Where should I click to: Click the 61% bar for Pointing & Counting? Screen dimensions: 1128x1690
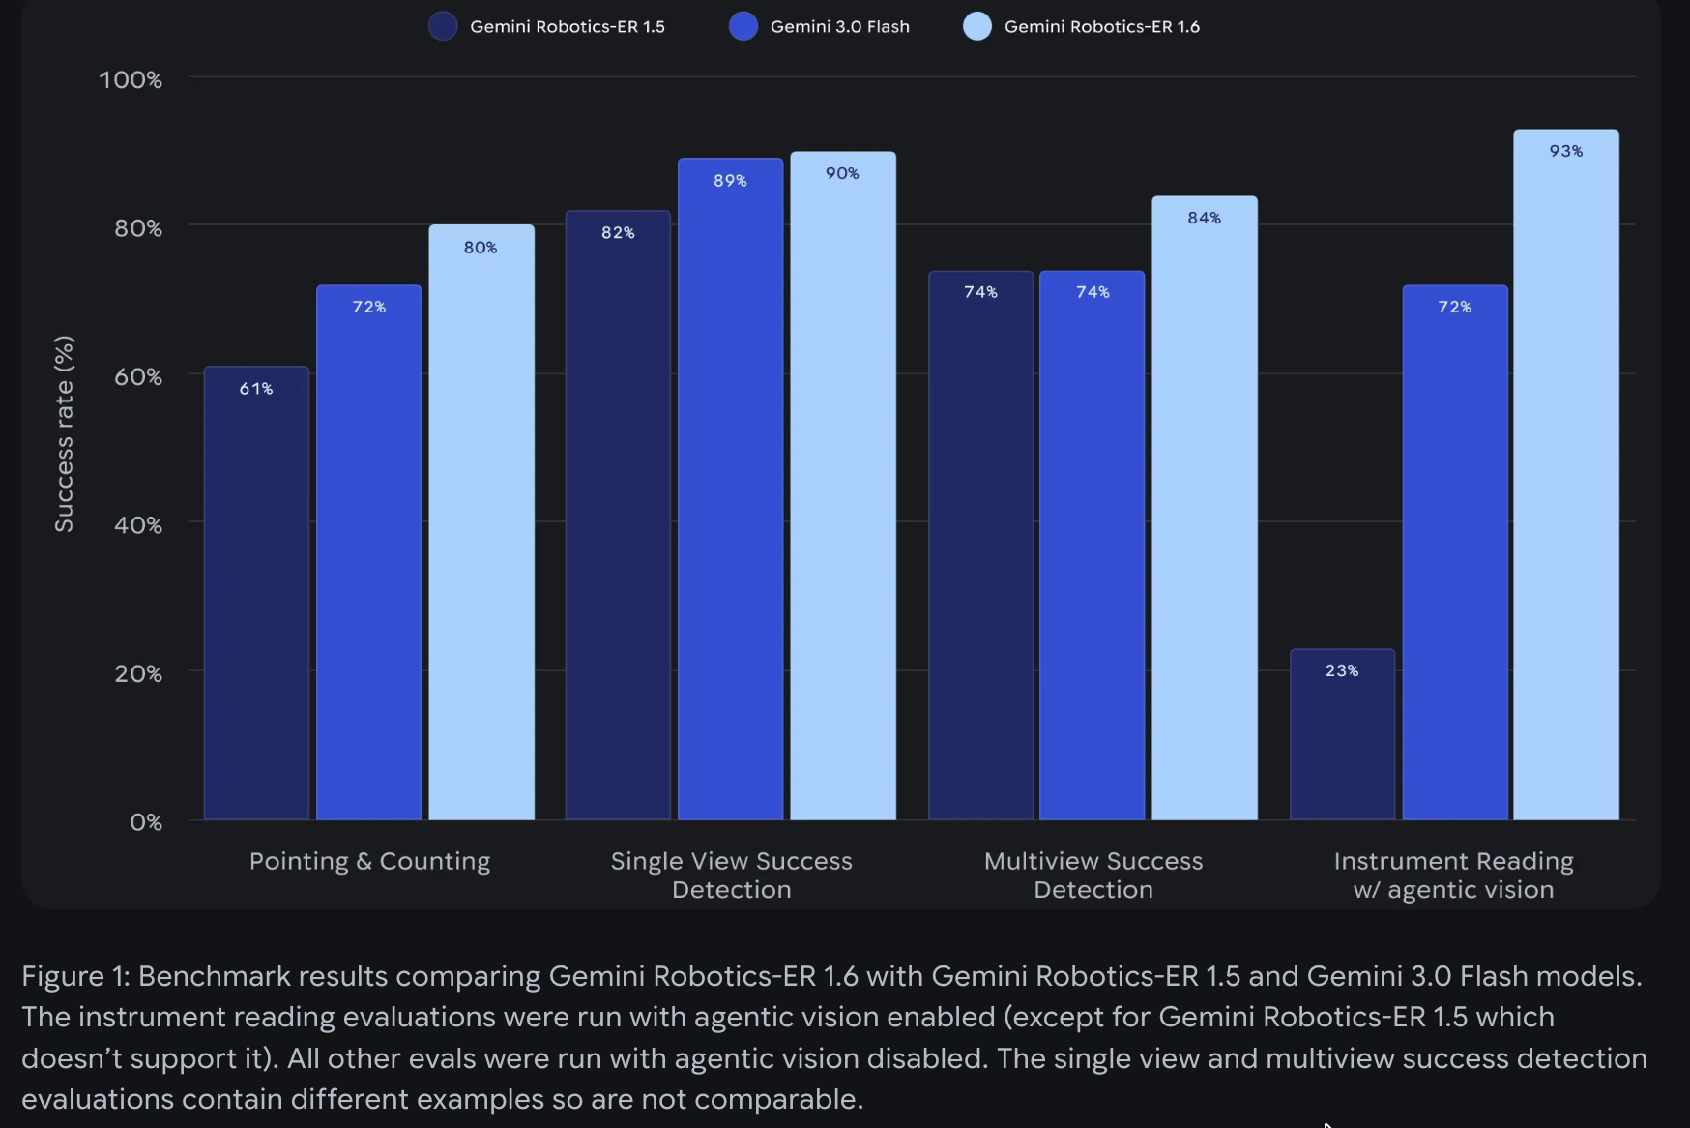pos(256,592)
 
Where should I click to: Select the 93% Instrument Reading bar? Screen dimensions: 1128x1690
pos(1565,474)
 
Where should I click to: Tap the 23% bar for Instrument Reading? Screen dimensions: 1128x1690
pos(1342,734)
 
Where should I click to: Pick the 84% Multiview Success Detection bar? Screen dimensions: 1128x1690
pos(1204,508)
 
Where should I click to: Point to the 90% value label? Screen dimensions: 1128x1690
pos(842,173)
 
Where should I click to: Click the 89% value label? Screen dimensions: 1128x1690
pos(730,181)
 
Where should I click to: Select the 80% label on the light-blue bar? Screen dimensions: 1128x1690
pos(481,248)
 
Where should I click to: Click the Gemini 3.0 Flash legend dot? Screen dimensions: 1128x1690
pos(743,26)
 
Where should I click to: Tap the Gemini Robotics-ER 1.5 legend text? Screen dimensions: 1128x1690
pos(568,27)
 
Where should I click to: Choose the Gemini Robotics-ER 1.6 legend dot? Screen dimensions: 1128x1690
pos(977,26)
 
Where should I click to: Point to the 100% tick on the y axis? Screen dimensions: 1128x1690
pos(131,79)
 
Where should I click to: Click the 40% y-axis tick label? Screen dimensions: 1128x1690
pos(138,524)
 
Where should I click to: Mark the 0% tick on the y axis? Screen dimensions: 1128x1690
pos(146,821)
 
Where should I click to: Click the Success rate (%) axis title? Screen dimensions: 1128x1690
pos(64,433)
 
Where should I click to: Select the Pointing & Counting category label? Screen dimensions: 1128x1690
pos(369,861)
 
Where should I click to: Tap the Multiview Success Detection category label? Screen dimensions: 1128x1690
pos(1093,875)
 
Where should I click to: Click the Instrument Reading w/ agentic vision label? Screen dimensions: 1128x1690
pos(1453,875)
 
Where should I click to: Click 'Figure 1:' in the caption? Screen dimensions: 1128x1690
pos(75,976)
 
